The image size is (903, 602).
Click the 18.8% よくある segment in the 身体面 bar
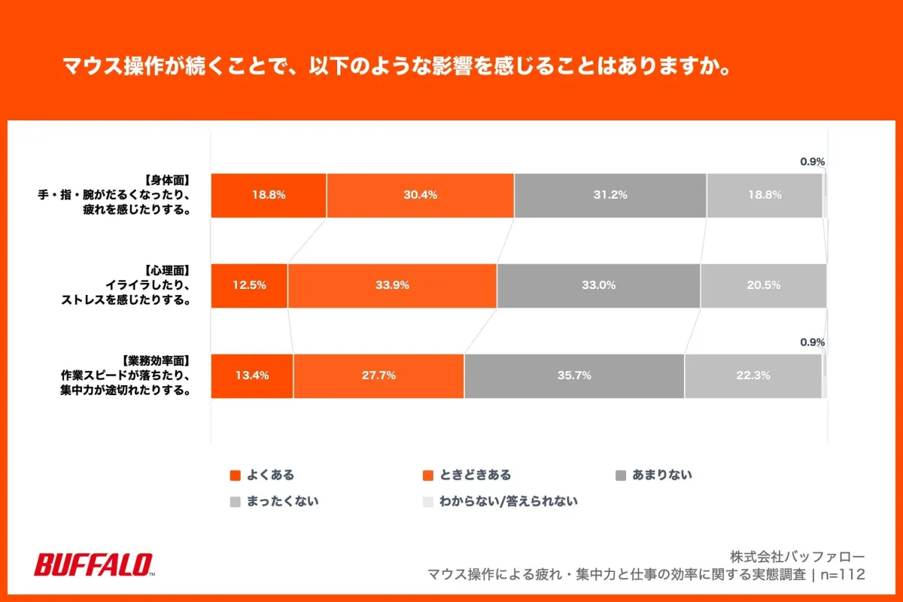coord(269,195)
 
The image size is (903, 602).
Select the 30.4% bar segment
coord(420,195)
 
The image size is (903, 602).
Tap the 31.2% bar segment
coord(610,195)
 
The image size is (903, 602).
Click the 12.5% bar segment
coord(249,285)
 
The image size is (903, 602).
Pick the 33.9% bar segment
coord(392,285)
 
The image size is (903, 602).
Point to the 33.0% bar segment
coord(598,285)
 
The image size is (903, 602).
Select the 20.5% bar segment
coord(763,285)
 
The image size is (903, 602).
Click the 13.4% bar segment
coord(252,375)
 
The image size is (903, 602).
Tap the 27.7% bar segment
coord(379,375)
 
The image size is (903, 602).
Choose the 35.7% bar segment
coord(574,375)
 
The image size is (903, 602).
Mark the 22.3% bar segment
coord(752,375)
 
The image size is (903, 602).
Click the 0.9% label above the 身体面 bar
coord(812,161)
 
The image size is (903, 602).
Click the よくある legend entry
coord(263,475)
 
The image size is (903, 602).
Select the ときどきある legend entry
coord(467,475)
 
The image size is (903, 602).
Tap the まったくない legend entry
coord(274,500)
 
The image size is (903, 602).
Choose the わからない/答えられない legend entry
coord(500,500)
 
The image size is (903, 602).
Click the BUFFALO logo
coord(94,565)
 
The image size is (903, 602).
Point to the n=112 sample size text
coord(842,575)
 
